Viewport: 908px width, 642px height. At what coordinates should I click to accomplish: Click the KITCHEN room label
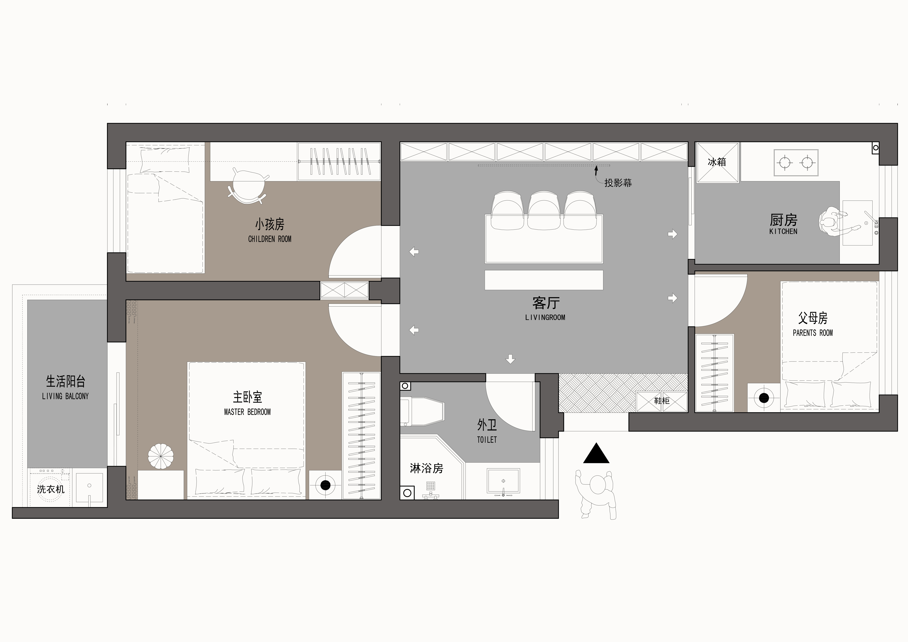click(x=783, y=231)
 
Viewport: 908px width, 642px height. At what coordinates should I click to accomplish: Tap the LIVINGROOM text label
click(x=545, y=317)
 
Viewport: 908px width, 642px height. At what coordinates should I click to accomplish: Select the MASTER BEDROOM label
click(x=247, y=412)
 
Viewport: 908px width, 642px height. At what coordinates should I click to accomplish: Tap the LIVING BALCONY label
click(x=65, y=396)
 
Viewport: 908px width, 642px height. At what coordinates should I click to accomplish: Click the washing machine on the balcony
click(x=49, y=487)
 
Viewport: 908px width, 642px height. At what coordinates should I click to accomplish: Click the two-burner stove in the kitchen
click(x=796, y=163)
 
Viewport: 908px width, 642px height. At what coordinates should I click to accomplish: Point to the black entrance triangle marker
click(x=596, y=453)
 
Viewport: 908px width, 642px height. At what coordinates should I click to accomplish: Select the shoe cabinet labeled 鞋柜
click(x=661, y=401)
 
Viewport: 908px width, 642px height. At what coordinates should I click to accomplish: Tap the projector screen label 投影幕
click(x=618, y=183)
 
